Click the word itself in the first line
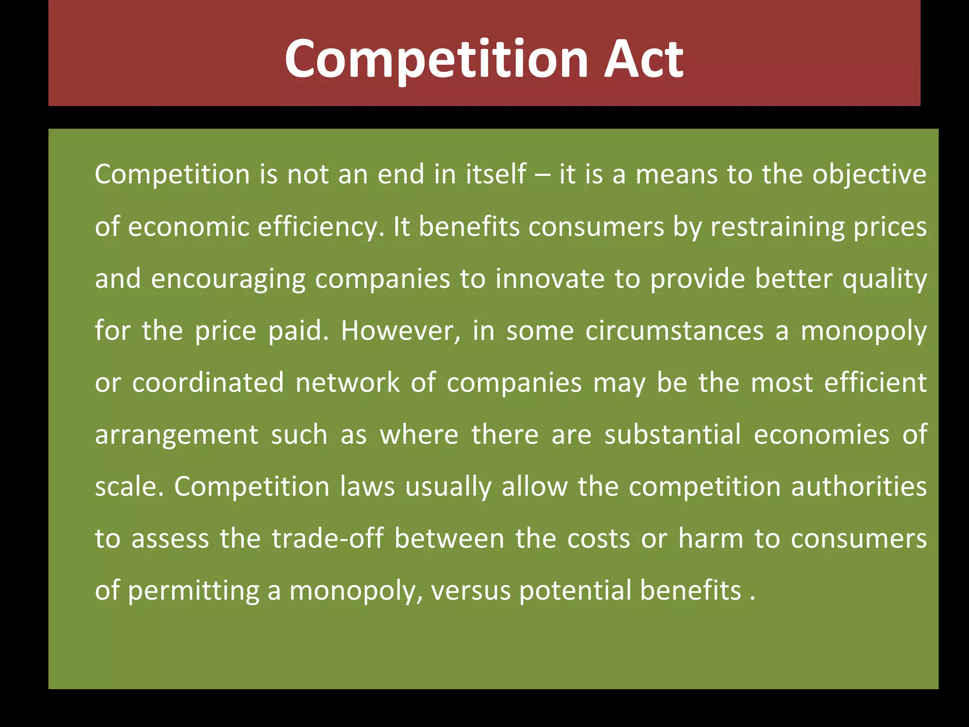point(496,174)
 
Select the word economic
point(188,227)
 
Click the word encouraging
point(228,279)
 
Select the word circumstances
point(674,330)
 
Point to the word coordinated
point(208,382)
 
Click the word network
point(347,382)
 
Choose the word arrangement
point(176,435)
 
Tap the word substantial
point(672,434)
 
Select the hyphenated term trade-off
point(327,539)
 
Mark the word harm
point(711,539)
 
